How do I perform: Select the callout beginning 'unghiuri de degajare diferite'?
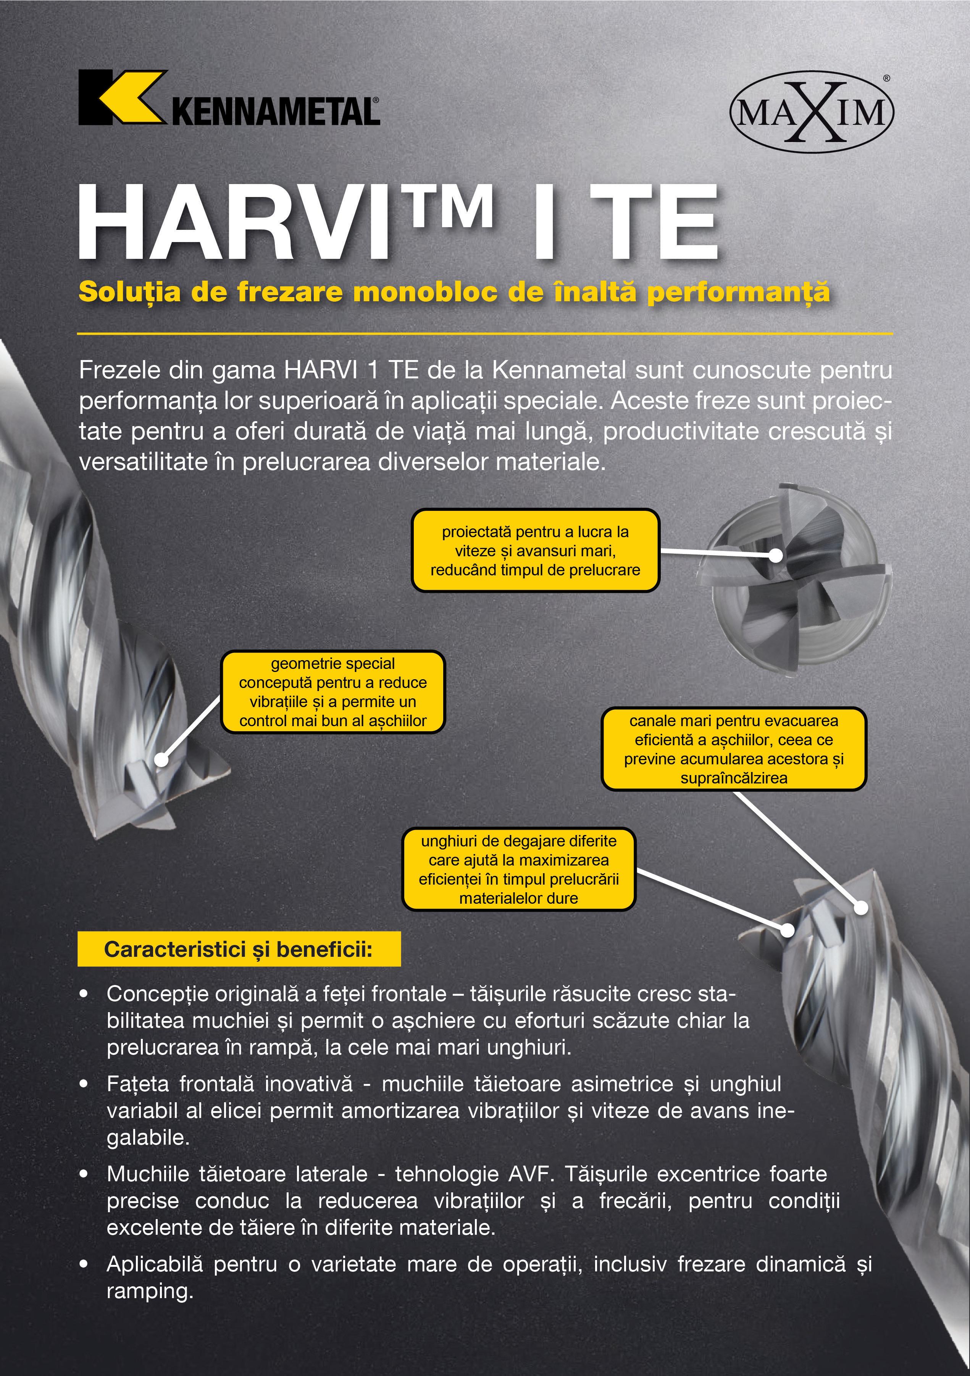coord(518,870)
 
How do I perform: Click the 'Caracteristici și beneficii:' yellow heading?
coord(239,949)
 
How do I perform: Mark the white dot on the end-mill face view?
coord(775,556)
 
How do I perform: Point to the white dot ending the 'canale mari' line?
coord(860,908)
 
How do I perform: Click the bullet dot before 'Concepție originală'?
coord(84,994)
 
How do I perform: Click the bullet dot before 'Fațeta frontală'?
coord(84,1084)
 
